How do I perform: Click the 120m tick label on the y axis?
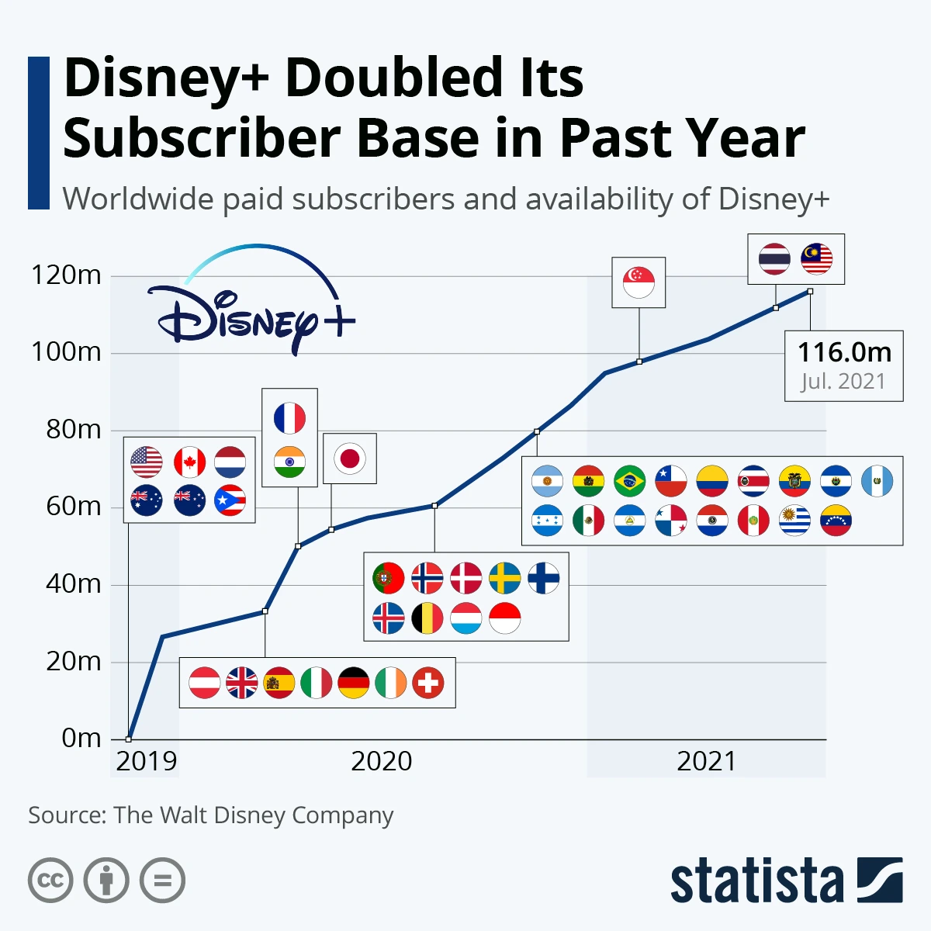[66, 275]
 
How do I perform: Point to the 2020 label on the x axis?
[381, 761]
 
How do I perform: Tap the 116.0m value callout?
[844, 352]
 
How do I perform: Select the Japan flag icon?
[350, 459]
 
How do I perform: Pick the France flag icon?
[289, 418]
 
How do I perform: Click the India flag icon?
[289, 463]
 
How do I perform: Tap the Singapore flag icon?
[639, 282]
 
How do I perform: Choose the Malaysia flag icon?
[816, 259]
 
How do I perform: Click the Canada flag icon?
[189, 462]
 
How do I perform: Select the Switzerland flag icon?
[428, 683]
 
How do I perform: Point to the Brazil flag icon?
[629, 481]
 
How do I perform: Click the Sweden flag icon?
[505, 578]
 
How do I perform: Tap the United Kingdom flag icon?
[242, 683]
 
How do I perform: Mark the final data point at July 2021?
[810, 292]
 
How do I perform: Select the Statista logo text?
[756, 881]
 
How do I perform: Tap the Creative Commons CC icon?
[50, 881]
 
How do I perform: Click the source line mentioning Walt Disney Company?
[210, 815]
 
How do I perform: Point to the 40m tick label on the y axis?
[73, 583]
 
